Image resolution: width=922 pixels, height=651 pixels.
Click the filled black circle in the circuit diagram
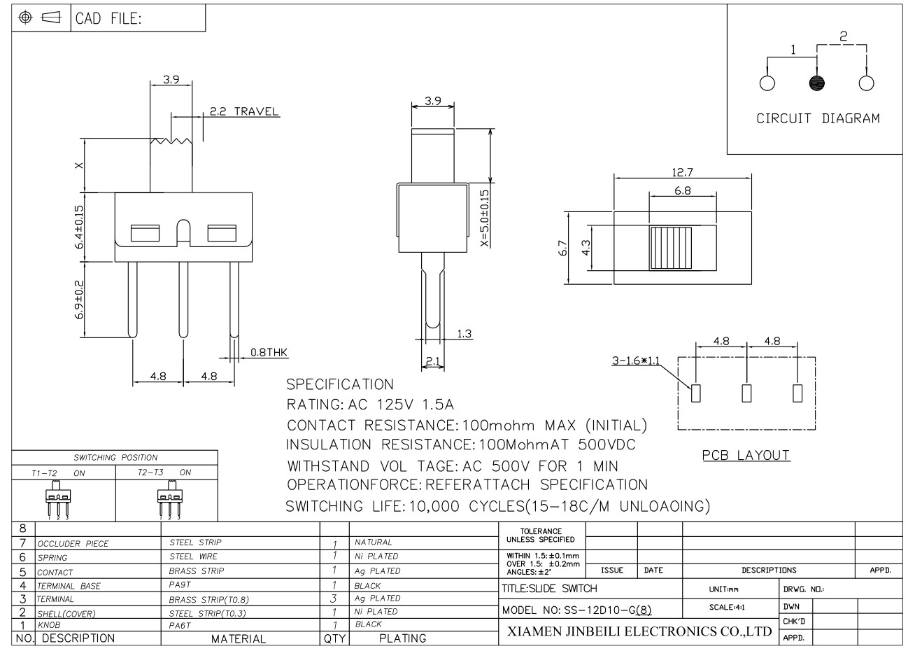pyautogui.click(x=816, y=83)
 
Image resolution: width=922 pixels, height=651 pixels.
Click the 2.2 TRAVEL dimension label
pyautogui.click(x=244, y=111)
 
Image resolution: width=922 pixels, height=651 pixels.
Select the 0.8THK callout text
pyautogui.click(x=269, y=352)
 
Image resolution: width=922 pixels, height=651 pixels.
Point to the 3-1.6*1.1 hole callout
pyautogui.click(x=635, y=361)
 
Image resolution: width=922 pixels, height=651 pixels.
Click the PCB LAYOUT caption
pyautogui.click(x=746, y=455)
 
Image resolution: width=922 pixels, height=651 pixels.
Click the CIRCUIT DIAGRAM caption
pyautogui.click(x=818, y=118)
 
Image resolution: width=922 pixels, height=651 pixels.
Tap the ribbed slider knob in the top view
pyautogui.click(x=670, y=248)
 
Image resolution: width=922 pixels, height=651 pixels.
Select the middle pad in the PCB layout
pyautogui.click(x=746, y=393)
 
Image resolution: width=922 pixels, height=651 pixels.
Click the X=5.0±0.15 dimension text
pyautogui.click(x=485, y=218)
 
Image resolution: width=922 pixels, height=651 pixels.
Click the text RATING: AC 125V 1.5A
pyautogui.click(x=370, y=405)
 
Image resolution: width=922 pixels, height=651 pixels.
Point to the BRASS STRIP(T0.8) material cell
pyautogui.click(x=208, y=599)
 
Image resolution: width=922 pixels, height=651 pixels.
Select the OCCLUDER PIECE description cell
pyautogui.click(x=73, y=543)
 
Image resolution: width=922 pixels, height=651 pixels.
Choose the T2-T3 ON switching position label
pyautogui.click(x=164, y=472)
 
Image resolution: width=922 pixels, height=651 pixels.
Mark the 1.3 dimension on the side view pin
pyautogui.click(x=464, y=334)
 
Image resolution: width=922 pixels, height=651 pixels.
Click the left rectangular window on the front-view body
pyautogui.click(x=145, y=233)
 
